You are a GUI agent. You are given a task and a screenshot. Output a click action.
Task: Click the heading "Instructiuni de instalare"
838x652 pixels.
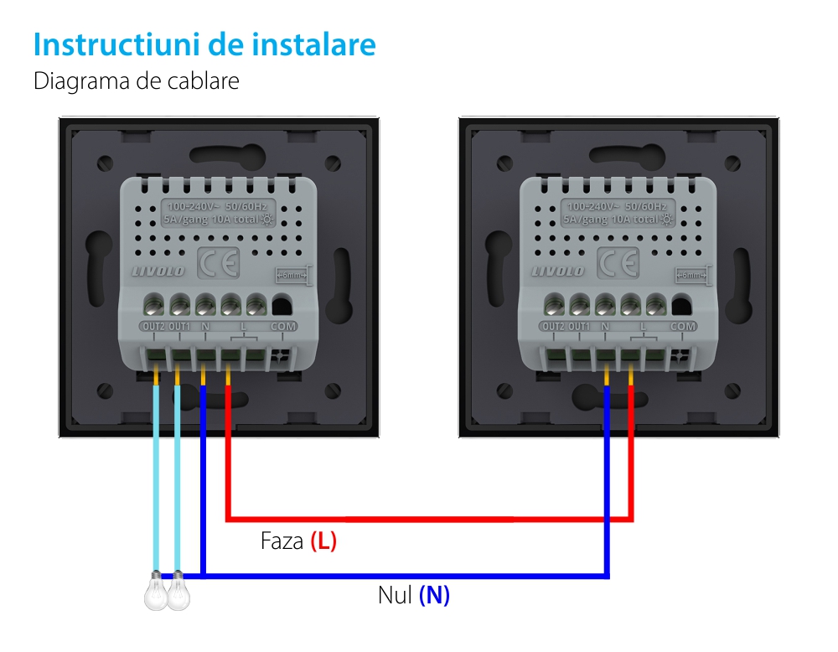click(x=204, y=44)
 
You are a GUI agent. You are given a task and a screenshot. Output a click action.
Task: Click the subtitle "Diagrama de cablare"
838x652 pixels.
click(x=137, y=81)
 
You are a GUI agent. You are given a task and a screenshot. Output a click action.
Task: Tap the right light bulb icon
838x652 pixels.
click(x=178, y=592)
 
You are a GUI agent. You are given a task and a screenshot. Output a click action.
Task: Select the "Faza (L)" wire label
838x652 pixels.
click(x=298, y=541)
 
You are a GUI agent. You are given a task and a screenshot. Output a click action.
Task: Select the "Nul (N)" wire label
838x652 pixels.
click(x=414, y=596)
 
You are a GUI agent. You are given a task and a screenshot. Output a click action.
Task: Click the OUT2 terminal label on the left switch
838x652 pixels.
click(x=153, y=325)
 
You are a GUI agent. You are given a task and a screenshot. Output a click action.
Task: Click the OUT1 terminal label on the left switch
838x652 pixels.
click(x=179, y=325)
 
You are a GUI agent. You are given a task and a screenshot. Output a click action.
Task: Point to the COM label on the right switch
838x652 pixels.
click(x=683, y=326)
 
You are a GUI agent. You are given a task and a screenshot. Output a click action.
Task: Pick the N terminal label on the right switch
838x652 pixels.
click(x=605, y=326)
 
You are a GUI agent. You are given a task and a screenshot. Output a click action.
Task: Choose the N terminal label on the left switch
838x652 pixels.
click(x=205, y=325)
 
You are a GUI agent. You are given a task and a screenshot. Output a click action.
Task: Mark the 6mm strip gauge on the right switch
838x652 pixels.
click(x=691, y=274)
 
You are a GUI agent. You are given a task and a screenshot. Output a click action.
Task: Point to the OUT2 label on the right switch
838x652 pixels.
click(x=553, y=326)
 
